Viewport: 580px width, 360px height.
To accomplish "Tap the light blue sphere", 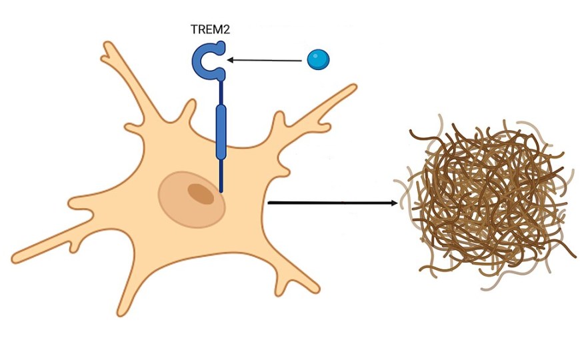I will (318, 60).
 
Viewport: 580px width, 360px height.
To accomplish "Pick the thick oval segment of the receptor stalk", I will (221, 131).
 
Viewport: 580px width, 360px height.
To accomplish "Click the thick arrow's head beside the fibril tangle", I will (394, 202).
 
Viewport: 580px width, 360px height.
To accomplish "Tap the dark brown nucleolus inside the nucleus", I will (201, 193).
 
